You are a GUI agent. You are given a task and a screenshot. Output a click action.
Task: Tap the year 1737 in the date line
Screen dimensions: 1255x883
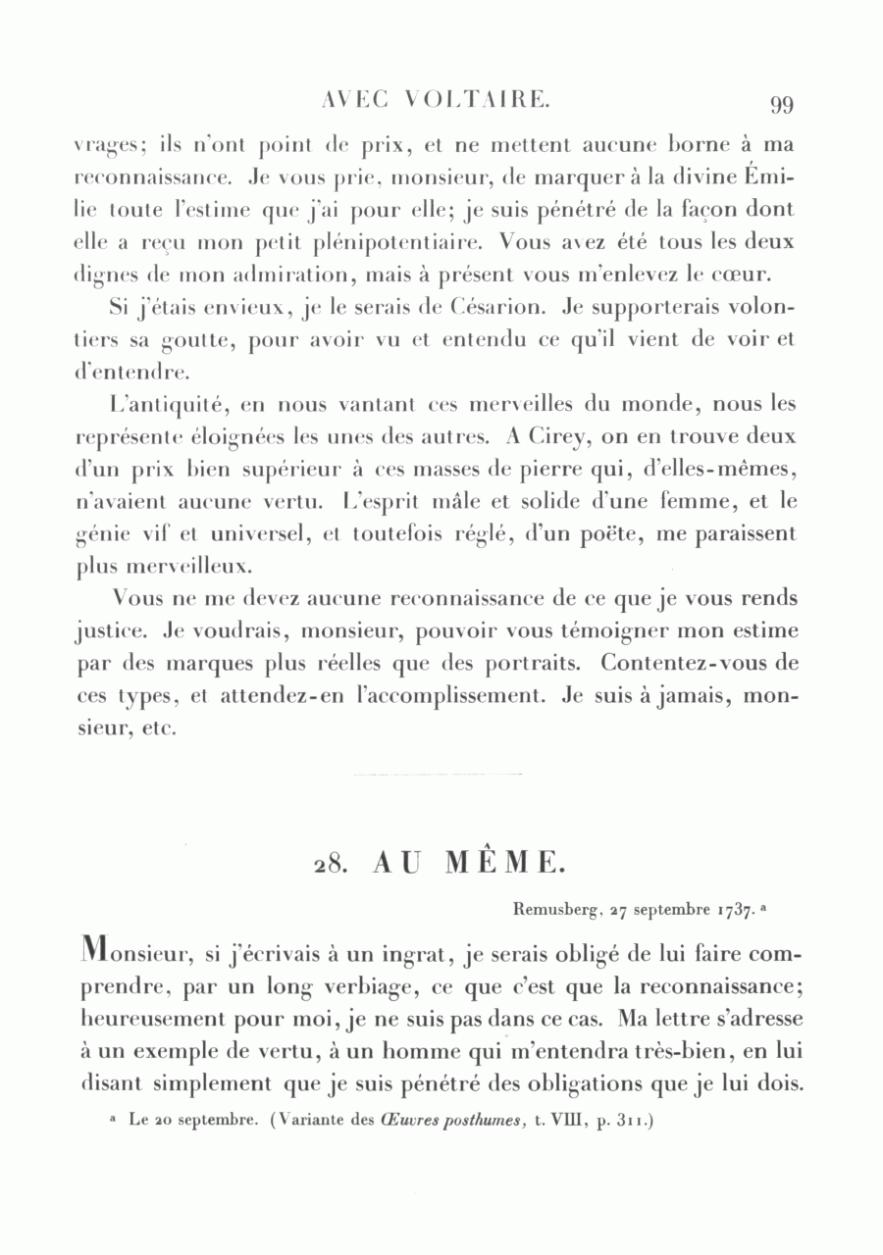tap(734, 910)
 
